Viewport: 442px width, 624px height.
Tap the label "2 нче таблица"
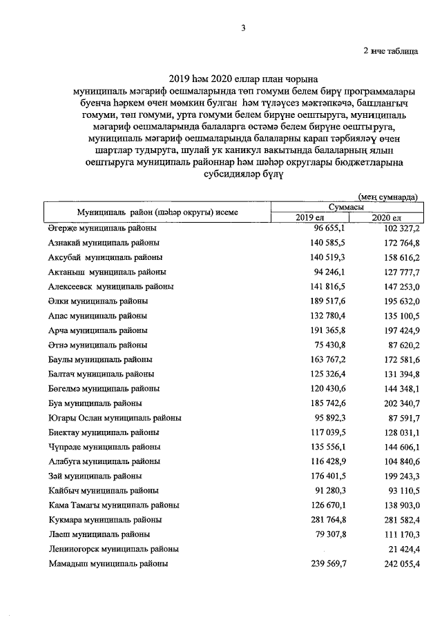click(x=390, y=52)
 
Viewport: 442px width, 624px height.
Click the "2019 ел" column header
click(x=311, y=218)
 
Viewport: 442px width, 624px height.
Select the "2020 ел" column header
click(x=386, y=218)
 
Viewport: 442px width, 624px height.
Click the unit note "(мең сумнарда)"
click(x=388, y=197)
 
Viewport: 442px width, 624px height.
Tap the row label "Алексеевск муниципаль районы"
click(x=110, y=285)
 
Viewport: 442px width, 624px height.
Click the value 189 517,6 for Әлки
click(x=316, y=301)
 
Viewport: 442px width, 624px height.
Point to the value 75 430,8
click(x=318, y=344)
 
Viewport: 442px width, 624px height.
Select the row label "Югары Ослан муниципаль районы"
click(x=115, y=418)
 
